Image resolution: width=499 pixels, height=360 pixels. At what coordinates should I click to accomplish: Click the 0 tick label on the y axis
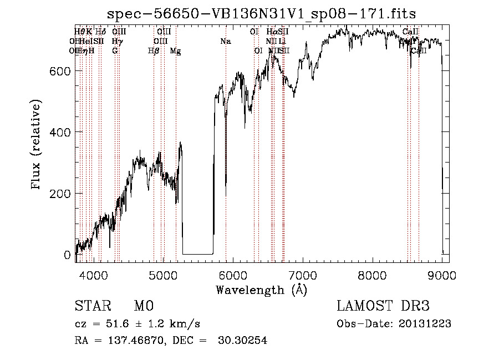click(67, 255)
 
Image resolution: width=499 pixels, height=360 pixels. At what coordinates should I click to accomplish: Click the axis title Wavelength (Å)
click(261, 290)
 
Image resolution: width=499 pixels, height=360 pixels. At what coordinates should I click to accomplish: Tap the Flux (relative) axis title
click(37, 145)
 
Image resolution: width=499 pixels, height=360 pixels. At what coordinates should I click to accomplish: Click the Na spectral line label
click(225, 42)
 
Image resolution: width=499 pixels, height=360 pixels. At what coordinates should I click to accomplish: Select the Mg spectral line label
click(175, 51)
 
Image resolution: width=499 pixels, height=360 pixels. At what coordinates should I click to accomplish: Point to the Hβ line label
click(154, 51)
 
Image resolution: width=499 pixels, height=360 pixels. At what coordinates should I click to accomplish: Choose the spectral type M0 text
click(143, 306)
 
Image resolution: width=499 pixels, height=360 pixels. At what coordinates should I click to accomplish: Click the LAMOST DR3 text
click(383, 306)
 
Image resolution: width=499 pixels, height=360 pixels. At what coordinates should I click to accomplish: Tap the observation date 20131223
click(425, 324)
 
